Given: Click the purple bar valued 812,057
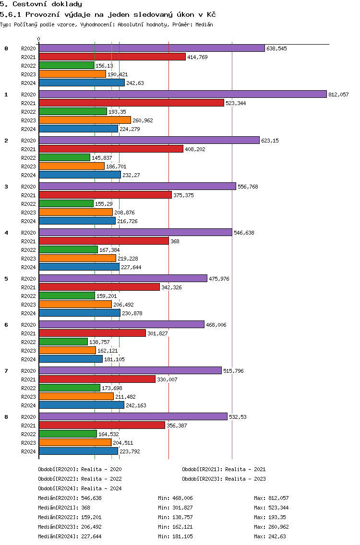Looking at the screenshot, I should [x=182, y=94].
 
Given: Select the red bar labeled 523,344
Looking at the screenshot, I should [x=131, y=103].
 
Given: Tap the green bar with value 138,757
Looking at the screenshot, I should [x=63, y=342].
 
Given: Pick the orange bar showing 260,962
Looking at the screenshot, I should [x=84, y=120].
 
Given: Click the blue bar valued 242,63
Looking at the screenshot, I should [x=82, y=83].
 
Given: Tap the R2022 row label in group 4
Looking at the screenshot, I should [x=29, y=250].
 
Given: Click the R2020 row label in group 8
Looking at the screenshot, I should [x=29, y=417].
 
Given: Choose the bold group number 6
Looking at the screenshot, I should [x=6, y=325].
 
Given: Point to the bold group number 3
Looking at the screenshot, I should [x=6, y=187].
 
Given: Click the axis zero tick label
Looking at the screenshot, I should [x=39, y=39].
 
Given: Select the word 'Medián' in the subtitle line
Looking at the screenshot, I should [x=204, y=24].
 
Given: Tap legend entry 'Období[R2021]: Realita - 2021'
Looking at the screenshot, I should [x=224, y=469].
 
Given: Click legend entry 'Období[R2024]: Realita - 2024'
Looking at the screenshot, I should [x=80, y=488].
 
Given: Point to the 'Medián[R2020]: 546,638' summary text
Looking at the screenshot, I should [x=70, y=498].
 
